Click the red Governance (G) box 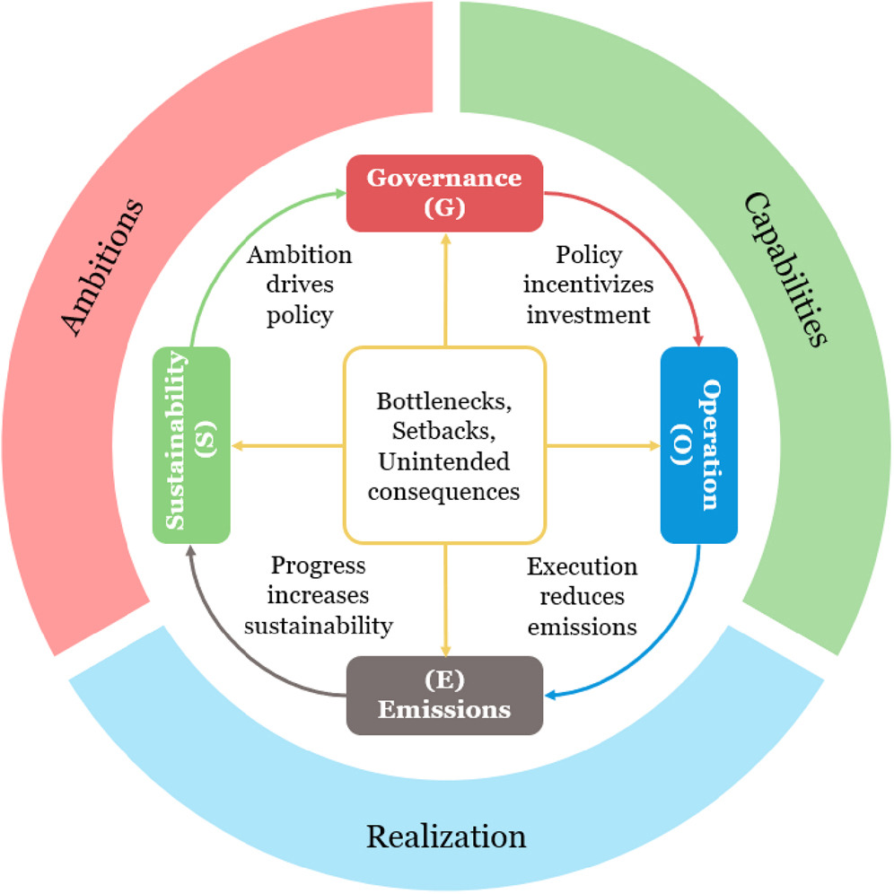pos(445,191)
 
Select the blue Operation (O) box pos(699,445)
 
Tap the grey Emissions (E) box pos(445,696)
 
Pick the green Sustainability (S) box pos(191,445)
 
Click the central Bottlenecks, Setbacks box pos(445,445)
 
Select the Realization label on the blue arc pos(445,836)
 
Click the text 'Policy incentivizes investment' pos(590,285)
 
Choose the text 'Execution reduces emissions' pos(583,596)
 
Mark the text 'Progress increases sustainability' pos(319,596)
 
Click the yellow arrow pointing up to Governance pos(445,287)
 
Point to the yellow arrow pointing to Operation pos(601,445)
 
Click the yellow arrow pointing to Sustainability pos(287,445)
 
